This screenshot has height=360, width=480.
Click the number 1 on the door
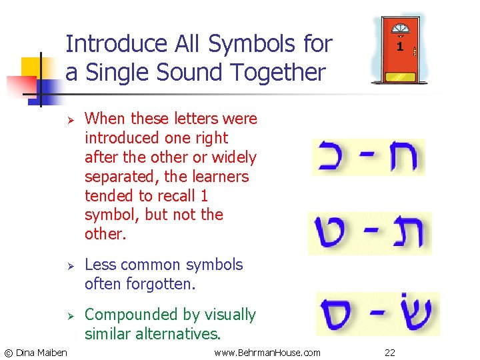point(399,47)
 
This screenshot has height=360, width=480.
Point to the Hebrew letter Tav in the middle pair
point(407,233)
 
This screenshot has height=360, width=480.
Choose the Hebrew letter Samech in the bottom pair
point(339,314)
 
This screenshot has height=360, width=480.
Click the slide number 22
point(389,352)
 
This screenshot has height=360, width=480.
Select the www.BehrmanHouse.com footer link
point(267,352)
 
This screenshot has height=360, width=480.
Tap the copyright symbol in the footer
point(8,352)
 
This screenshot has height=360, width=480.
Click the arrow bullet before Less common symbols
point(69,265)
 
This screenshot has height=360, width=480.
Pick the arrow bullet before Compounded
point(69,315)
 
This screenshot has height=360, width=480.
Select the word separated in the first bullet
point(116,177)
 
